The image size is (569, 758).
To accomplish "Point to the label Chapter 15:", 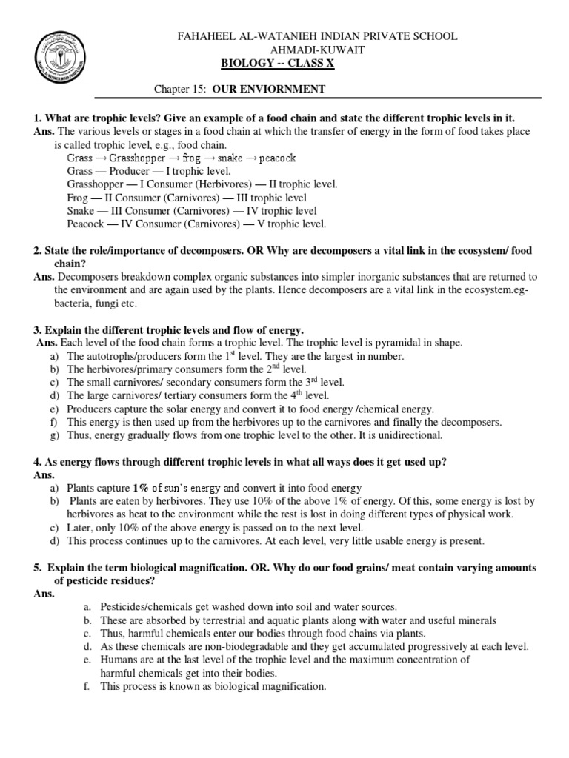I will pos(180,89).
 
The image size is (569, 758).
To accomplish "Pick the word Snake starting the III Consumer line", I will pos(80,211).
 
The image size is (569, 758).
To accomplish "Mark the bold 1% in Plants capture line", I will pos(140,489).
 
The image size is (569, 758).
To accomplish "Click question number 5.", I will pos(36,566).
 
